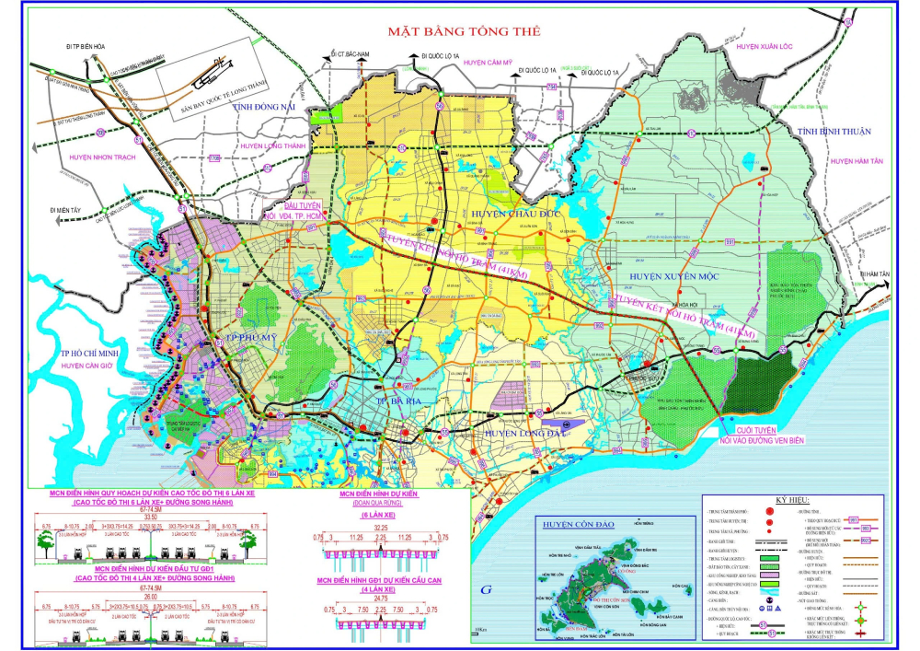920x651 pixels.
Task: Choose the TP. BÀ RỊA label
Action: point(379,400)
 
